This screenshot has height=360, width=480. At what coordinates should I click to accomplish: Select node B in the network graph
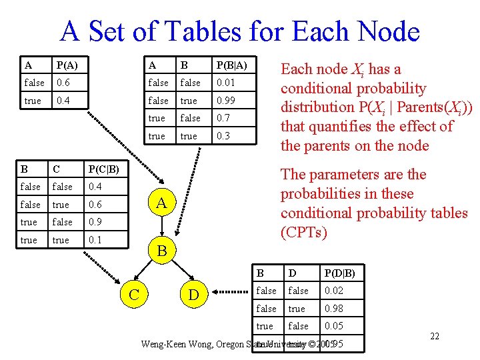pos(161,251)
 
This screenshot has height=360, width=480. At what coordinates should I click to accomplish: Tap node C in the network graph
pos(133,293)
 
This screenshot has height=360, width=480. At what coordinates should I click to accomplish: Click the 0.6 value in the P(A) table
pos(64,83)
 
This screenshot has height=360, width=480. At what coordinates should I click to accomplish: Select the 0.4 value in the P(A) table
pos(64,101)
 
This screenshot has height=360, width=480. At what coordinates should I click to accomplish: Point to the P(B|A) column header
pos(231,65)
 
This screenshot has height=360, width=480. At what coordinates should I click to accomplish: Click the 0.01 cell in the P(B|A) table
pos(225,83)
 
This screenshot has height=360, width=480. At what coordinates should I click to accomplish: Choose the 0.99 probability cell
pos(225,101)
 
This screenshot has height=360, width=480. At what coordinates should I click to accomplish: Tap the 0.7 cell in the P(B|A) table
pos(222,118)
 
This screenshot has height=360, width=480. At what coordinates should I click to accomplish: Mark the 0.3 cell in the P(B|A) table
pos(222,136)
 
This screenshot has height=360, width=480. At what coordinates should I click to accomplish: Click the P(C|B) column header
pos(103,169)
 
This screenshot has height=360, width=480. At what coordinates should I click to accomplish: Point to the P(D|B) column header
pos(340,273)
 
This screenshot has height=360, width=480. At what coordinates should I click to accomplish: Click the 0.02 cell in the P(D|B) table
pos(334,291)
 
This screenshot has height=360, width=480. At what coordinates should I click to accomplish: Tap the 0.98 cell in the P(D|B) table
pos(334,309)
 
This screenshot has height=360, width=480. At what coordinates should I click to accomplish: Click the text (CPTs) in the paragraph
pos(303,232)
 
